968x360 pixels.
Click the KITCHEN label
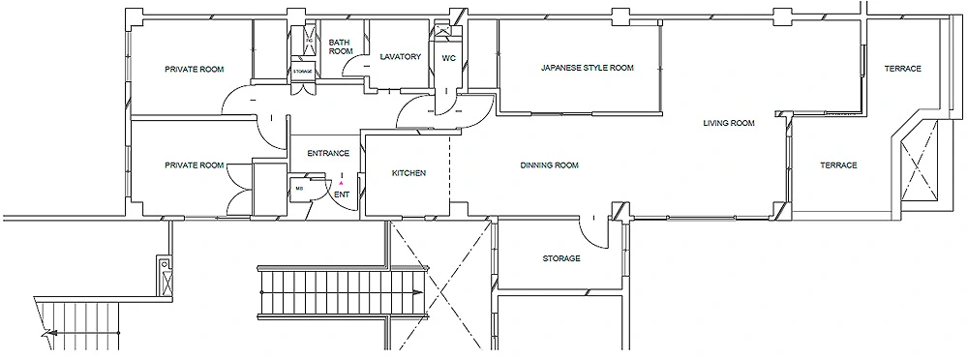click(408, 173)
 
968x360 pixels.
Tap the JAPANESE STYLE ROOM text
click(587, 69)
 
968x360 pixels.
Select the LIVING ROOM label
click(728, 124)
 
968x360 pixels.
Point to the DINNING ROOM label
click(549, 165)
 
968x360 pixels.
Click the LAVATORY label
click(400, 57)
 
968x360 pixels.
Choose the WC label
click(448, 58)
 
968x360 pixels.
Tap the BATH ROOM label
click(339, 46)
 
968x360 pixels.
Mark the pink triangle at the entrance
click(342, 182)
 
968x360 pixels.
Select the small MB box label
click(299, 189)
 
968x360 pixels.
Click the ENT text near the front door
click(342, 195)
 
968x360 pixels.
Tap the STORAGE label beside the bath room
click(303, 72)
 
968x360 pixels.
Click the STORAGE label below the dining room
click(560, 258)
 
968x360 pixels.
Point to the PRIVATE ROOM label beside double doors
click(195, 165)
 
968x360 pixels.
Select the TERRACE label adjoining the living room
click(838, 165)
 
